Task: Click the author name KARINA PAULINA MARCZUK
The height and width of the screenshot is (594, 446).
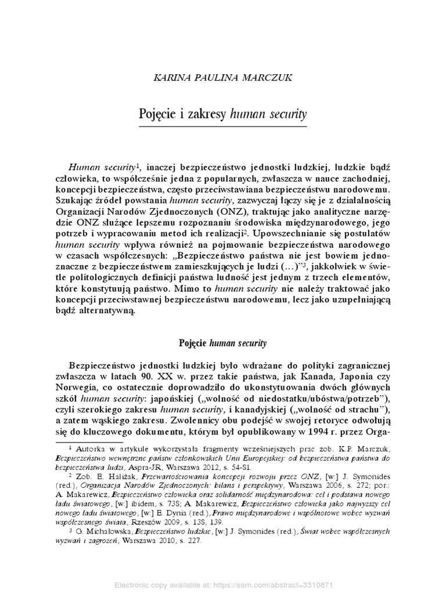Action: click(223, 75)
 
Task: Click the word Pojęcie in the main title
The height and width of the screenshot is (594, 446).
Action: click(159, 113)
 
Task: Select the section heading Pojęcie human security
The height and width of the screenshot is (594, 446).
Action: click(222, 343)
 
